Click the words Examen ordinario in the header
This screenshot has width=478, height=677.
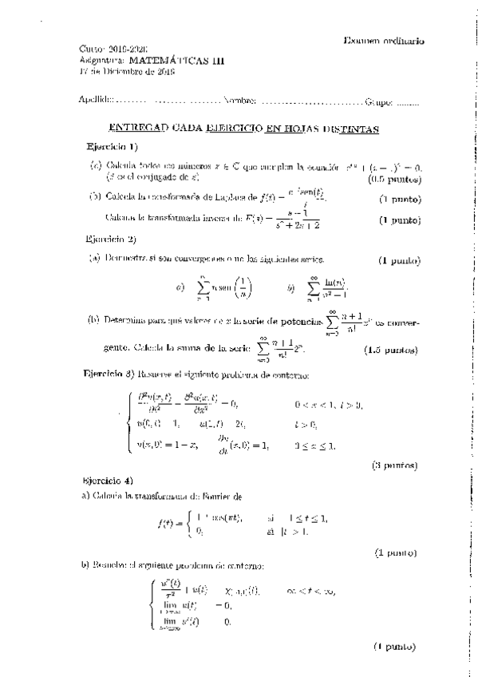pyautogui.click(x=384, y=41)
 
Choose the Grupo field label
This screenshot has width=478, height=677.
pyautogui.click(x=378, y=101)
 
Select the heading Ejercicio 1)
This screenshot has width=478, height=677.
pyautogui.click(x=113, y=147)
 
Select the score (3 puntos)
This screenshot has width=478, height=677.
pyautogui.click(x=394, y=464)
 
